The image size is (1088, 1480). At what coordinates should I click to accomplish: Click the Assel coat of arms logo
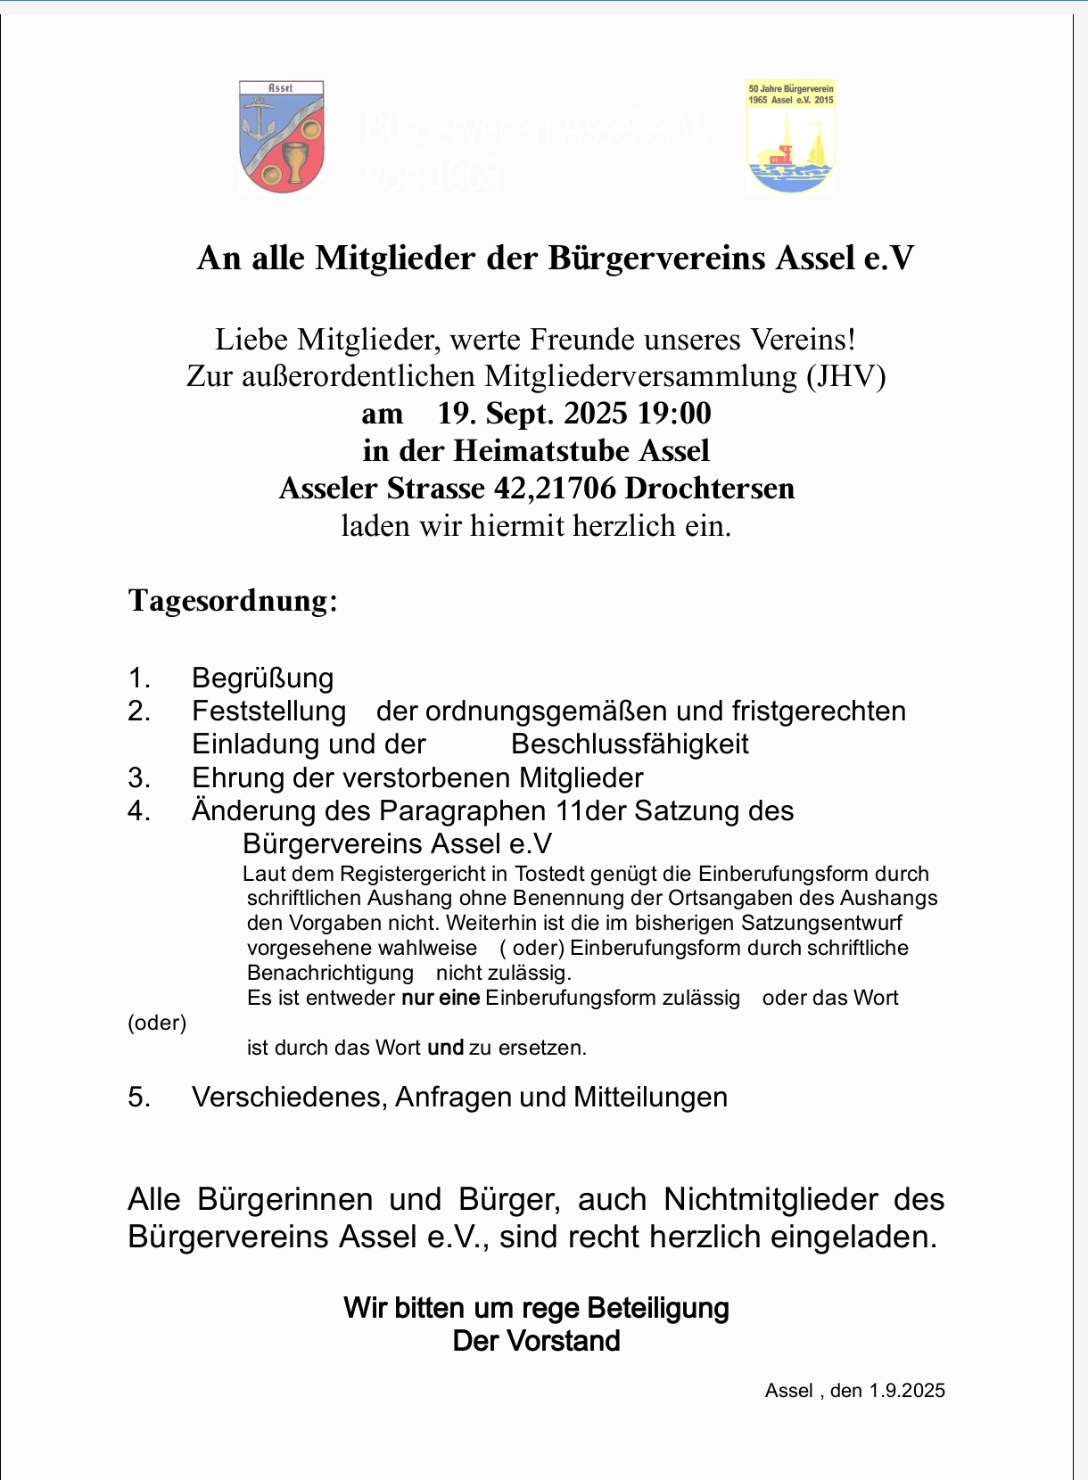click(282, 136)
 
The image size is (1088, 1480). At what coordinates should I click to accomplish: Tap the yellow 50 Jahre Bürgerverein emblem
click(791, 136)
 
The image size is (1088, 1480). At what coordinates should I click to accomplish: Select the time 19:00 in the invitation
click(674, 414)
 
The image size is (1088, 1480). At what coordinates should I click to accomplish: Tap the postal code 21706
click(575, 489)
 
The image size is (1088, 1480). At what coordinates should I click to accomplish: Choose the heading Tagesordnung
click(233, 600)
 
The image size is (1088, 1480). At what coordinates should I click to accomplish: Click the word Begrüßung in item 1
click(262, 678)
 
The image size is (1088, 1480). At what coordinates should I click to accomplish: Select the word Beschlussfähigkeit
click(630, 744)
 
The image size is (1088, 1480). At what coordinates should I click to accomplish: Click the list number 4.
click(138, 811)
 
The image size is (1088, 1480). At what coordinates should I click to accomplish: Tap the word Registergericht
click(410, 874)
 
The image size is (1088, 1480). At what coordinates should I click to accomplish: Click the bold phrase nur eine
click(441, 998)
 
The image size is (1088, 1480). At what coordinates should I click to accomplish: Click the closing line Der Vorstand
click(536, 1341)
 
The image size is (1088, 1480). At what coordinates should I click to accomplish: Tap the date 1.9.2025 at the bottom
click(907, 1391)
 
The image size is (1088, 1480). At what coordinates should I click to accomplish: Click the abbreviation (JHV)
click(846, 376)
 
